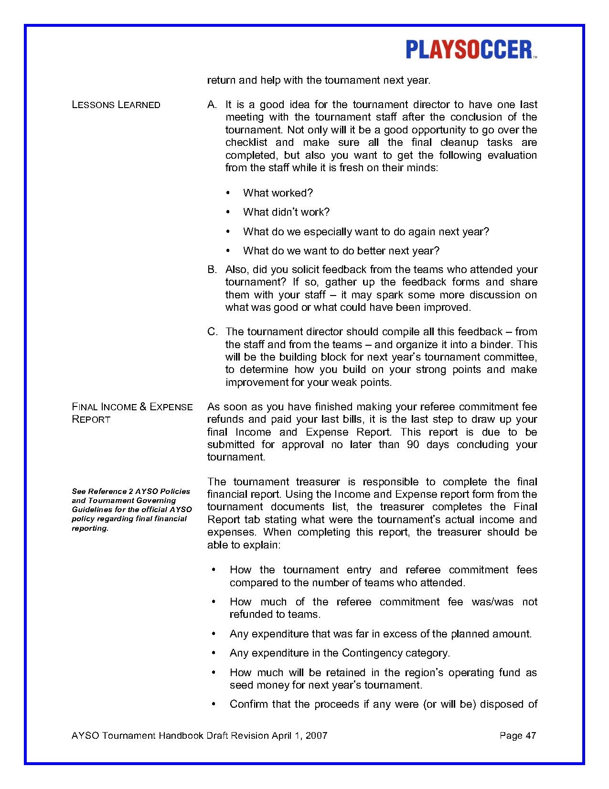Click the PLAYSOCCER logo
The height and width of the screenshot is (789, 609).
pyautogui.click(x=471, y=50)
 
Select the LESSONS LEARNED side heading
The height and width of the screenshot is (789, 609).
pyautogui.click(x=116, y=105)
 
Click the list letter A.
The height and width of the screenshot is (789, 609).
pyautogui.click(x=212, y=105)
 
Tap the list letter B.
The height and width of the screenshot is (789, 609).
pyautogui.click(x=212, y=270)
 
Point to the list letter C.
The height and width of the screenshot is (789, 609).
pyautogui.click(x=212, y=332)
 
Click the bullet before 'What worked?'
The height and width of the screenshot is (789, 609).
pyautogui.click(x=228, y=193)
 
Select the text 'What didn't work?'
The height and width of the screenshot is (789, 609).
pyautogui.click(x=286, y=212)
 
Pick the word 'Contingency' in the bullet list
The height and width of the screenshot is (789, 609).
pyautogui.click(x=372, y=653)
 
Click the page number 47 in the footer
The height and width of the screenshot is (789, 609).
pyautogui.click(x=531, y=735)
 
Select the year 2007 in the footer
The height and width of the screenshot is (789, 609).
pyautogui.click(x=317, y=735)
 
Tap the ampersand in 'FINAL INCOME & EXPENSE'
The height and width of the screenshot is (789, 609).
pyautogui.click(x=142, y=407)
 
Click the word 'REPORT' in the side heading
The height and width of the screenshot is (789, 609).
pyautogui.click(x=91, y=420)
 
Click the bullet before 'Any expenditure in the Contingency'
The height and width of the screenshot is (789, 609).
pyautogui.click(x=214, y=653)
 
